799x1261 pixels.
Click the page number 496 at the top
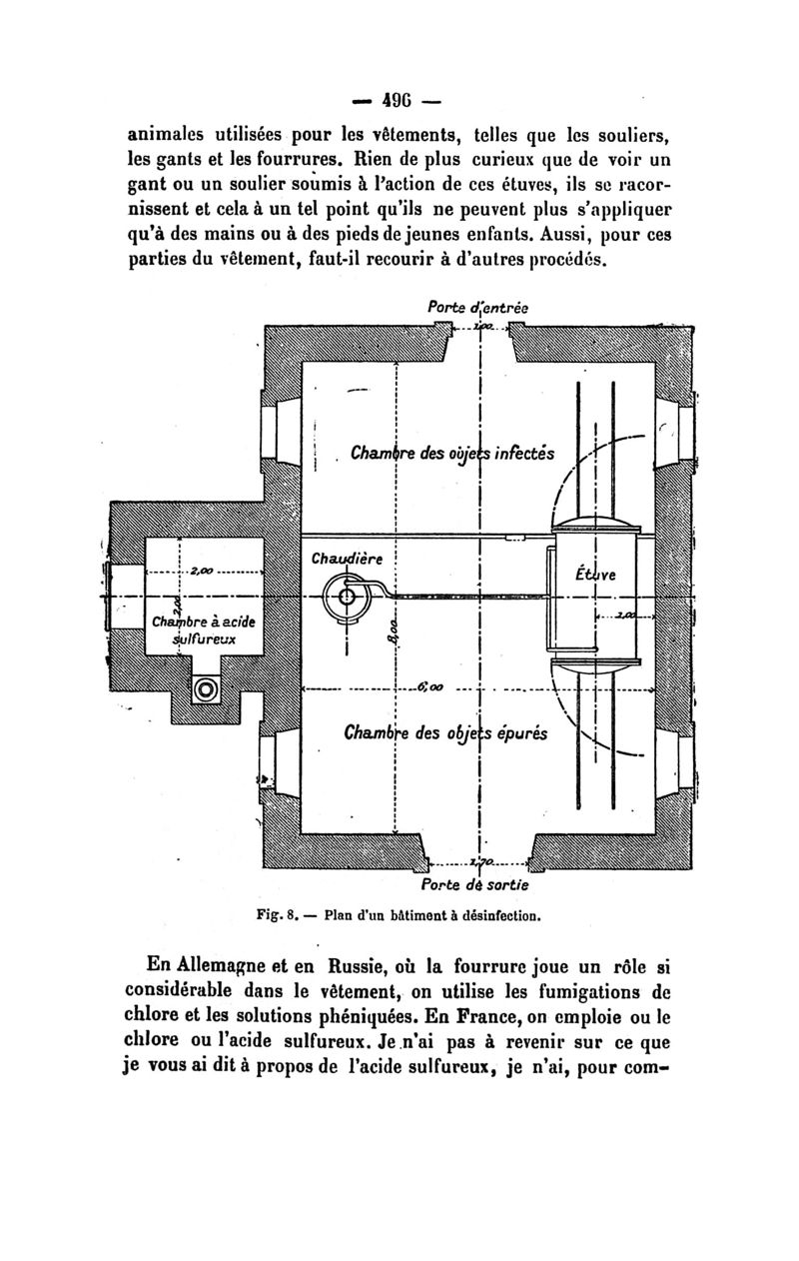tap(399, 102)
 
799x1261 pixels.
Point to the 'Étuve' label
tap(596, 577)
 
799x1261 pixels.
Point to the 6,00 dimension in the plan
tap(431, 687)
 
